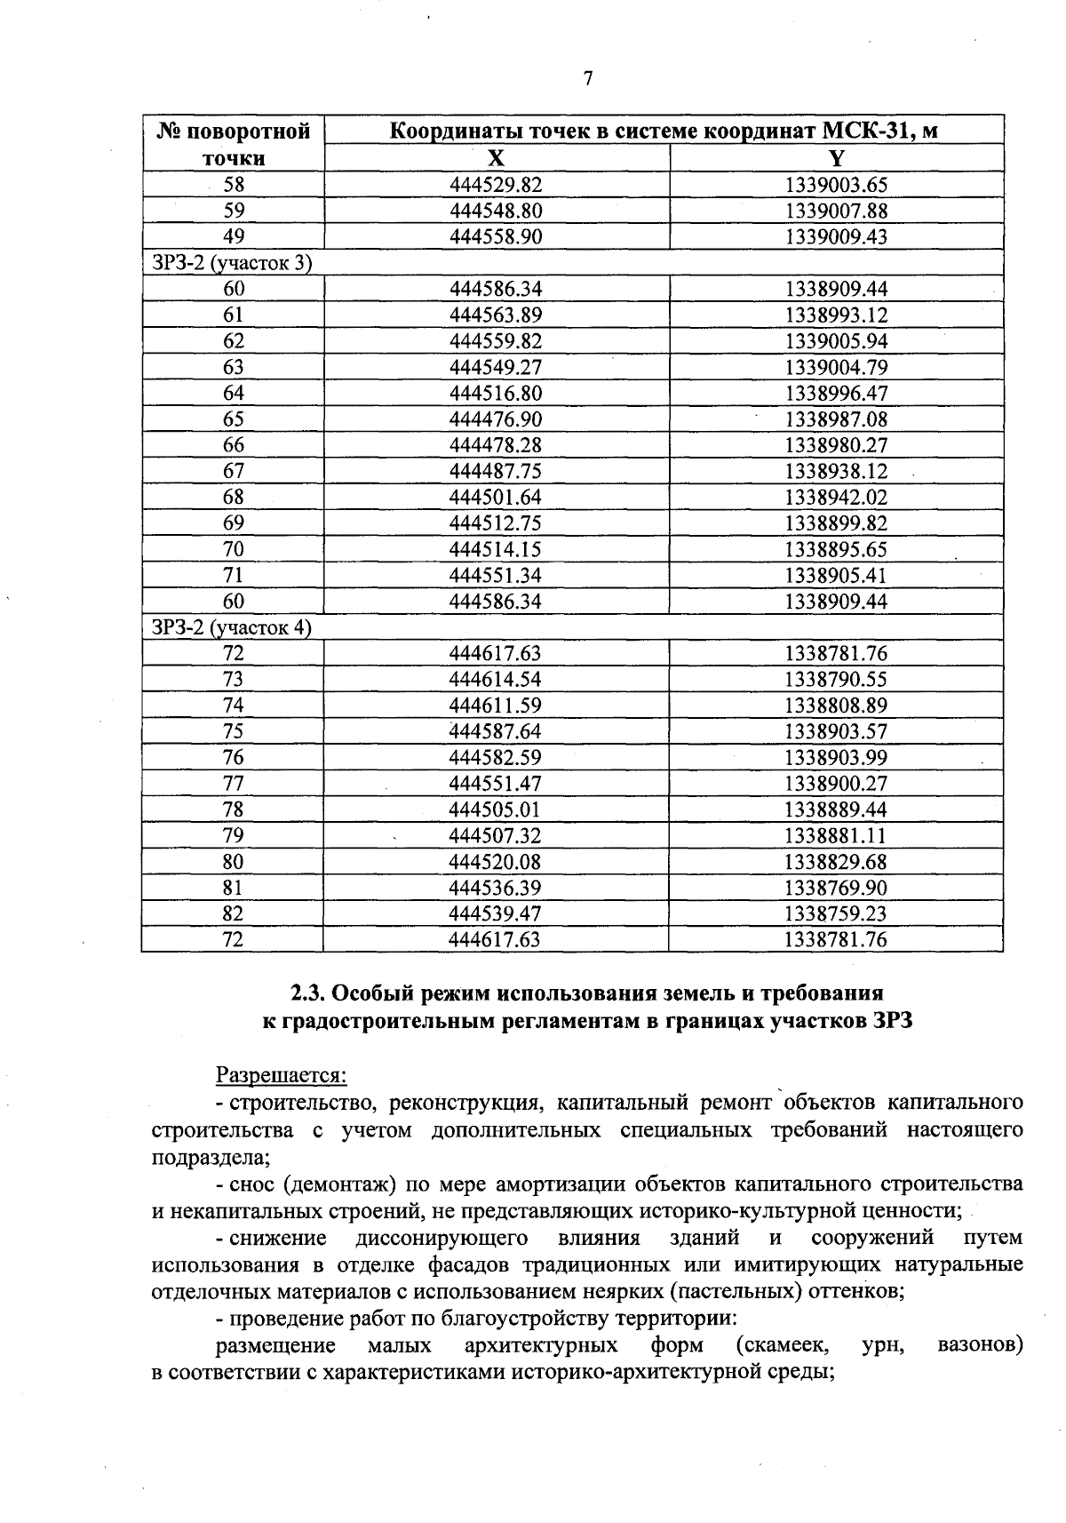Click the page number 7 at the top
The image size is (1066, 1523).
587,79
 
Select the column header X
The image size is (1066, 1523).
497,158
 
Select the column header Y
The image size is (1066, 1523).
837,158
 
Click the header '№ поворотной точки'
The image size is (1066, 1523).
233,145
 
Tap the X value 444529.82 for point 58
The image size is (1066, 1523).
496,185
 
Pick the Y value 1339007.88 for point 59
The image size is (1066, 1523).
837,211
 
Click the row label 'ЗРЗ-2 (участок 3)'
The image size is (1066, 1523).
232,263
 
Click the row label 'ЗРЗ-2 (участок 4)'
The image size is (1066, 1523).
232,627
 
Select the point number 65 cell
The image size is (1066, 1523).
233,419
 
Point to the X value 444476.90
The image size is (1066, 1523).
496,419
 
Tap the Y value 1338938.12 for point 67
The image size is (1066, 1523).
837,471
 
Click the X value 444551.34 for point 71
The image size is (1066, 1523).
496,575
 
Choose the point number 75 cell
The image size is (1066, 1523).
233,731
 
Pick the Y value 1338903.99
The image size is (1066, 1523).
837,757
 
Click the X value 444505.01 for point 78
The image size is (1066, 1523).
496,809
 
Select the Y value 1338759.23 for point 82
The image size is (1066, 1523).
837,913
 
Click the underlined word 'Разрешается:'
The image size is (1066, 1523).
281,1075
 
